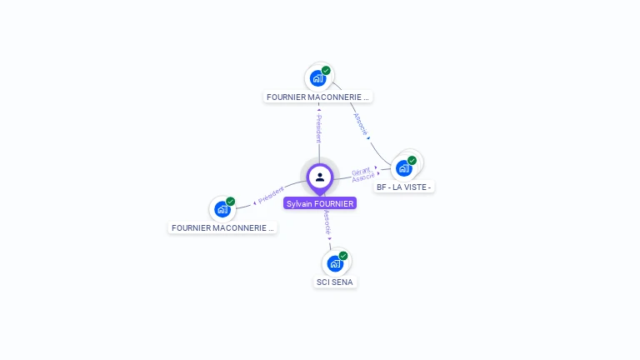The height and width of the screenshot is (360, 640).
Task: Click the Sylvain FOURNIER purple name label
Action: tap(320, 203)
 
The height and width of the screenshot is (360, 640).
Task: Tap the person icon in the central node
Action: tap(320, 177)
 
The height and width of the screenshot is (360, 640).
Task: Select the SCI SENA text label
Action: tap(335, 282)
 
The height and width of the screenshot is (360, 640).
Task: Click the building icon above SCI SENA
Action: tap(335, 264)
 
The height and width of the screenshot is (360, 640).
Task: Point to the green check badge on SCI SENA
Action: tap(343, 256)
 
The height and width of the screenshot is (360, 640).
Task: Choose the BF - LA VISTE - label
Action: tap(403, 187)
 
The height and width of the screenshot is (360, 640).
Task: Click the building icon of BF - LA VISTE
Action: tap(404, 168)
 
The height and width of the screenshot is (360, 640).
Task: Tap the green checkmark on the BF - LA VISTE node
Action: tap(412, 160)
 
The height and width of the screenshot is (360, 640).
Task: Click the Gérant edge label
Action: tap(361, 171)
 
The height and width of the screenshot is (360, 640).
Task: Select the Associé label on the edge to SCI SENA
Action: tap(327, 222)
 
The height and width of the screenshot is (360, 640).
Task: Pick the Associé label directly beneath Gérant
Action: tap(363, 177)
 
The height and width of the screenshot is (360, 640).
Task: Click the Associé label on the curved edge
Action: tap(359, 124)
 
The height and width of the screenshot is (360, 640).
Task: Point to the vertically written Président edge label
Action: tap(318, 129)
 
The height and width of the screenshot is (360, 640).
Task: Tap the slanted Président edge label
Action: tap(272, 196)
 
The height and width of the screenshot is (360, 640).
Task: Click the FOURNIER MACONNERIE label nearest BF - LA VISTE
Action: tap(317, 97)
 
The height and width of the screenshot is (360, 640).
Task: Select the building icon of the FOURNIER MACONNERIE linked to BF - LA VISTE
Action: tap(317, 78)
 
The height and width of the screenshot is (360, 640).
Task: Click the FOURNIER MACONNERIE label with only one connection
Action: tap(222, 227)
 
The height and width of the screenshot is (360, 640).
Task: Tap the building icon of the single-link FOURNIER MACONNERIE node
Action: tap(222, 209)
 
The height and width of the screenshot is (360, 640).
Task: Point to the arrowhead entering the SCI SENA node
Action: tap(330, 238)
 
